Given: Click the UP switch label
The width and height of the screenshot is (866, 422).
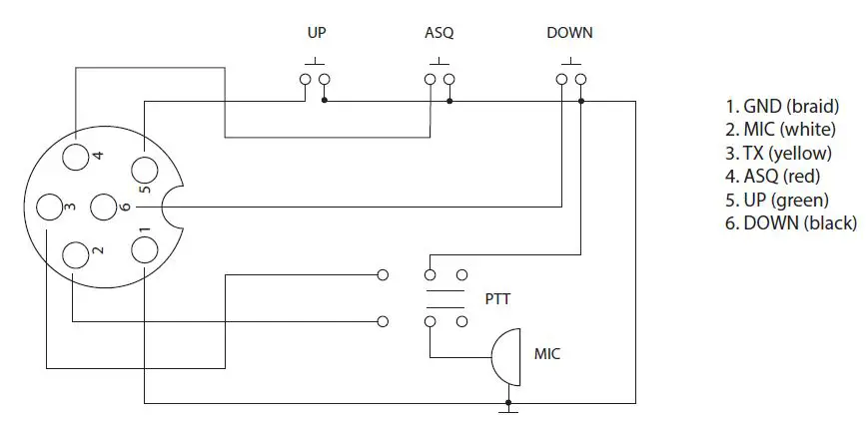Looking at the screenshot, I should tap(316, 33).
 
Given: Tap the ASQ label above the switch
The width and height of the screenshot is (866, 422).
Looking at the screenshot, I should tap(438, 33).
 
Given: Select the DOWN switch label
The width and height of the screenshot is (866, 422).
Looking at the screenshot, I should tap(569, 33).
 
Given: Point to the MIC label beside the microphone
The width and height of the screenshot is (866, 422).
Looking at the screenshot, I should tap(548, 353).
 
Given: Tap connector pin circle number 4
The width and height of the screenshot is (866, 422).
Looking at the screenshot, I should tap(76, 157).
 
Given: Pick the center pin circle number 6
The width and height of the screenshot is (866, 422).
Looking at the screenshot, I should tap(105, 208).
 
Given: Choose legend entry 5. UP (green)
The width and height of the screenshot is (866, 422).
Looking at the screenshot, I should tap(777, 200).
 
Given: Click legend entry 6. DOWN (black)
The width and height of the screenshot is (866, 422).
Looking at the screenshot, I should tap(790, 223).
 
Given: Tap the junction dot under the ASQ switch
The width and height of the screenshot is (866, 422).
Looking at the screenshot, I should tap(449, 101).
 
